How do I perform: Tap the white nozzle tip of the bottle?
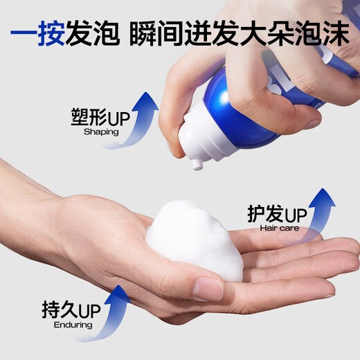197,163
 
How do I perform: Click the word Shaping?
101,131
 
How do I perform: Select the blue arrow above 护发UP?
315,208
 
